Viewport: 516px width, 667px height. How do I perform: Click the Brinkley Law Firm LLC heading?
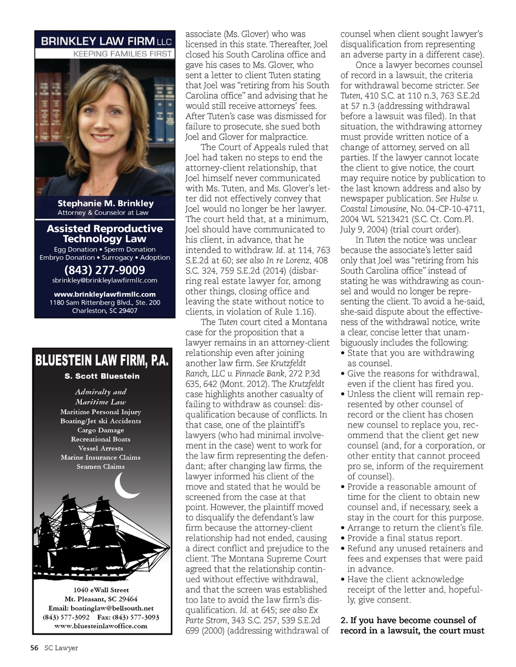tap(106, 41)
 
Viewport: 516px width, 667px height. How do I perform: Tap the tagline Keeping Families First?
tap(122, 54)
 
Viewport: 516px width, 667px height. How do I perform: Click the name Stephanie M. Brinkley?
tap(105, 203)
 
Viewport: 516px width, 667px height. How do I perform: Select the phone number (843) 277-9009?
tap(105, 270)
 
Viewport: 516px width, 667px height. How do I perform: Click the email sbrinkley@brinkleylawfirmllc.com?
tap(105, 280)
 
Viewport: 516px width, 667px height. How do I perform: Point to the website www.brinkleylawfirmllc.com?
tap(105, 294)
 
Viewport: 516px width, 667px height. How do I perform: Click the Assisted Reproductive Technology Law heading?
tap(105, 234)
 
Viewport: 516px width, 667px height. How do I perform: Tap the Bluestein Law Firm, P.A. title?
tap(102, 360)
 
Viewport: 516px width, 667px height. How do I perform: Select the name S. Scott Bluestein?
tap(102, 376)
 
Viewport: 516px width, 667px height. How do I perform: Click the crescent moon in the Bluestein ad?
tap(125, 485)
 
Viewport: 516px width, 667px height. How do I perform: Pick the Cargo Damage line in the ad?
tap(101, 430)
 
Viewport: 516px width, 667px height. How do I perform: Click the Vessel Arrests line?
tap(101, 449)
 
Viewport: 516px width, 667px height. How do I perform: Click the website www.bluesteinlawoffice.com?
tap(101, 626)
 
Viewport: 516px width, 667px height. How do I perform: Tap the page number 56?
tap(34, 648)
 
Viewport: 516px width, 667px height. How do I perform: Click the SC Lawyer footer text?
tap(61, 648)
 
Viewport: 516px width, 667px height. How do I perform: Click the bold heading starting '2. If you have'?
tap(412, 625)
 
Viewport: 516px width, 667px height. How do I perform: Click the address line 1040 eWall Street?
tap(101, 590)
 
